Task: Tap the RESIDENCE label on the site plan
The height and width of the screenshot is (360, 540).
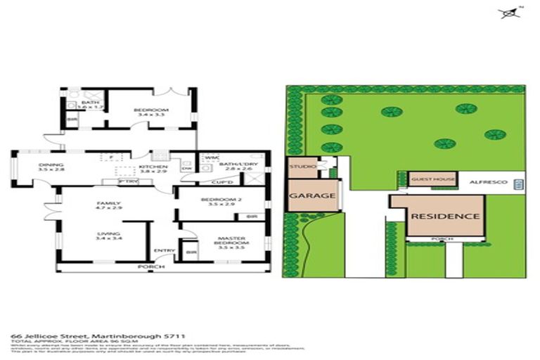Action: pyautogui.click(x=446, y=217)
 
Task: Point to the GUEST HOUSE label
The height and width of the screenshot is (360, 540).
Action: pyautogui.click(x=433, y=179)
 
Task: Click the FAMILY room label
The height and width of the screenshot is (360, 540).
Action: pyautogui.click(x=109, y=205)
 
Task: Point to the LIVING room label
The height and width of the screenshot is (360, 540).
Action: pyautogui.click(x=108, y=236)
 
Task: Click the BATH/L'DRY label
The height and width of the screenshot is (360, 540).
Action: pyautogui.click(x=235, y=166)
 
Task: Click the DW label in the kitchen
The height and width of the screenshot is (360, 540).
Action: pyautogui.click(x=186, y=169)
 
